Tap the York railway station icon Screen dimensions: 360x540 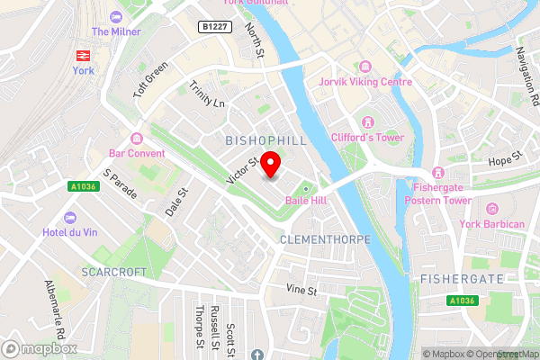pos(83,52)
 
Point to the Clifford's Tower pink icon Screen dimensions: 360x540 pos(366,121)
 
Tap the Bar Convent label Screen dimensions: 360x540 pos(137,153)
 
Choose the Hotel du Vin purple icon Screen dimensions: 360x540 pos(69,218)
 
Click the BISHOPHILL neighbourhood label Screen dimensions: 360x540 pos(265,141)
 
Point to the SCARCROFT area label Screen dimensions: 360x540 pos(114,271)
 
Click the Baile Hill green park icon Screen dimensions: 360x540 pos(304,187)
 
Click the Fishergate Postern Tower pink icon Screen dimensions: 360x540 pos(437,172)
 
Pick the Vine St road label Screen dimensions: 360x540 pos(301,291)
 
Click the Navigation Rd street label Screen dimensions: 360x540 pos(526,72)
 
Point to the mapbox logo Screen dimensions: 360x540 pos(40,348)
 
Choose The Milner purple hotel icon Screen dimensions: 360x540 pos(114,17)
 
